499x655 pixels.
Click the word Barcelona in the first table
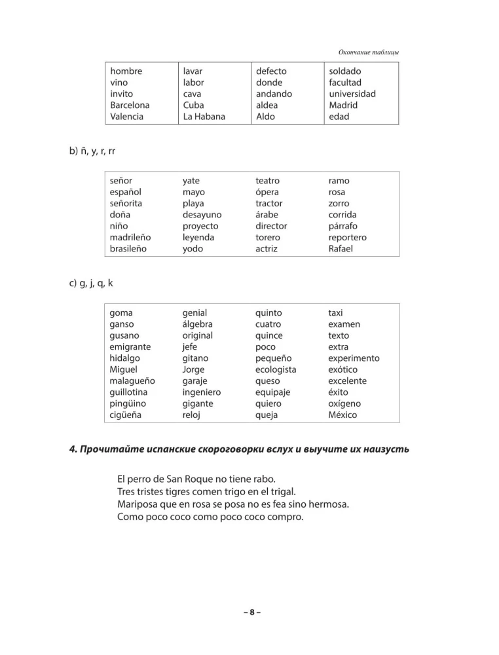pos(130,105)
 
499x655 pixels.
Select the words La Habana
pos(204,117)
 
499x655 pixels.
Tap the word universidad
pos(352,94)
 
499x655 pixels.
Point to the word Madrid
pos(343,105)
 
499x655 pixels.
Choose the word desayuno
pos(202,214)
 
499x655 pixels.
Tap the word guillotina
pos(132,392)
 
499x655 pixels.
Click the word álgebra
pos(198,324)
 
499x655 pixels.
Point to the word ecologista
pos(276,369)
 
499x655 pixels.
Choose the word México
pos(344,415)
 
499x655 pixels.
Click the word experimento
pos(354,358)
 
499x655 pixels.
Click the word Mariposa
pos(138,504)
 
